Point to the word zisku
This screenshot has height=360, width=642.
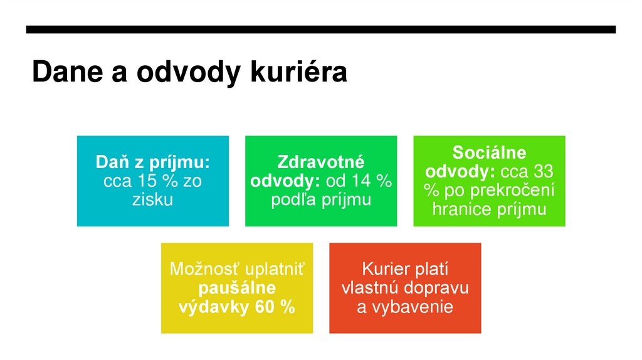152,200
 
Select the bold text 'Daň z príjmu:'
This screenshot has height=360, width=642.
152,162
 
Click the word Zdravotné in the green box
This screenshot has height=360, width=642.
320,162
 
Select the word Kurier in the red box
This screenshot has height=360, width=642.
377,270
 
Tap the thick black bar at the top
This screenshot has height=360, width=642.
320,29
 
